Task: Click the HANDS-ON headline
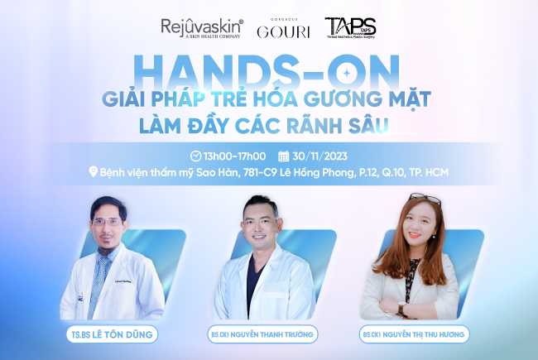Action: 269,70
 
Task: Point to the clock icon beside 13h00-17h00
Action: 196,156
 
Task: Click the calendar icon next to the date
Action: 284,156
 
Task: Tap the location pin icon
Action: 93,173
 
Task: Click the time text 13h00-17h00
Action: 234,156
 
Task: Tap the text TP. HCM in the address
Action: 440,173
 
